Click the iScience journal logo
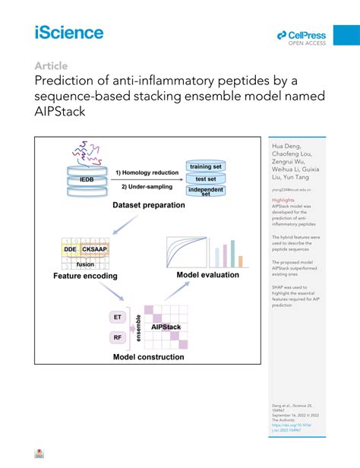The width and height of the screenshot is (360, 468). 68,32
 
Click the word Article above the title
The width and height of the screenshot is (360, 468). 50,65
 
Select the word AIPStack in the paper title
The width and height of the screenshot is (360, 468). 65,112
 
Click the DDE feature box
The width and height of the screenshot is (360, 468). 70,248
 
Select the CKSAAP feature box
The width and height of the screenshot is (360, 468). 98,248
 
